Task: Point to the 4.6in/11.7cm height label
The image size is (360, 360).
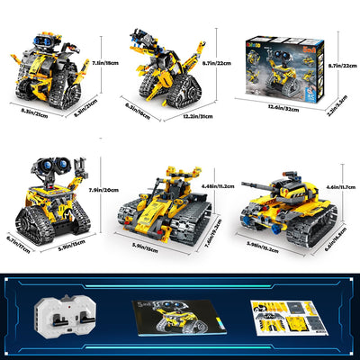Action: (343, 184)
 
